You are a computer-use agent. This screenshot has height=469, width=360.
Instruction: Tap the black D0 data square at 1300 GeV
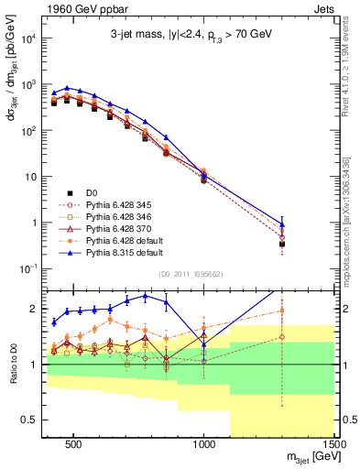coord(282,245)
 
